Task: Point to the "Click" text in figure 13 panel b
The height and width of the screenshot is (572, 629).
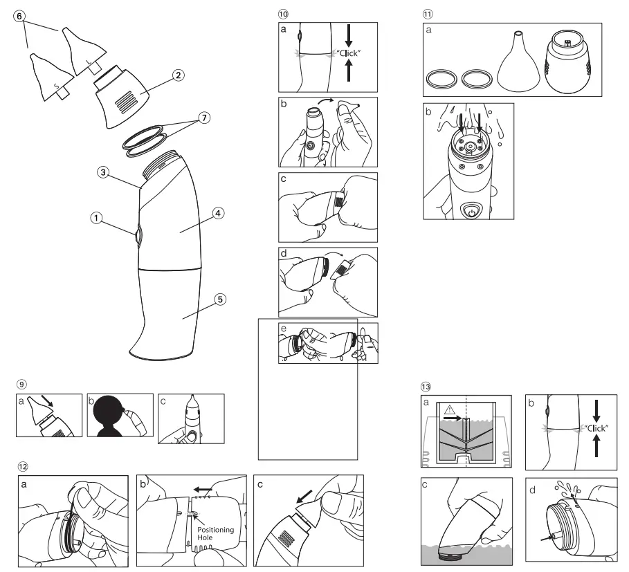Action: (x=597, y=427)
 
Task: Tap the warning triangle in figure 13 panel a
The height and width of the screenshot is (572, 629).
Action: (x=450, y=408)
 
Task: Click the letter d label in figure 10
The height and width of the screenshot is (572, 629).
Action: (x=284, y=255)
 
